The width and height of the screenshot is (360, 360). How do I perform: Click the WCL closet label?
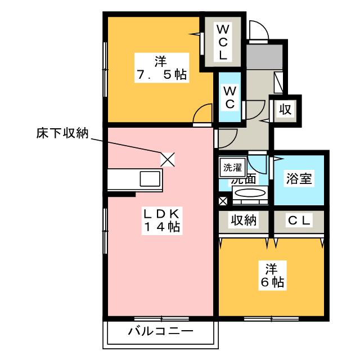click(223, 42)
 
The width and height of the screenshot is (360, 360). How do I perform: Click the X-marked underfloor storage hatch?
click(168, 159)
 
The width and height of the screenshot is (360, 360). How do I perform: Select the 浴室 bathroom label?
click(298, 179)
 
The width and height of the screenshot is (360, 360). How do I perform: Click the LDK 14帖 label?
click(160, 221)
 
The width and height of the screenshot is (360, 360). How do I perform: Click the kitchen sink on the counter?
click(150, 181)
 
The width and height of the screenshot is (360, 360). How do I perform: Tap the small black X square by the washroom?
click(223, 201)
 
